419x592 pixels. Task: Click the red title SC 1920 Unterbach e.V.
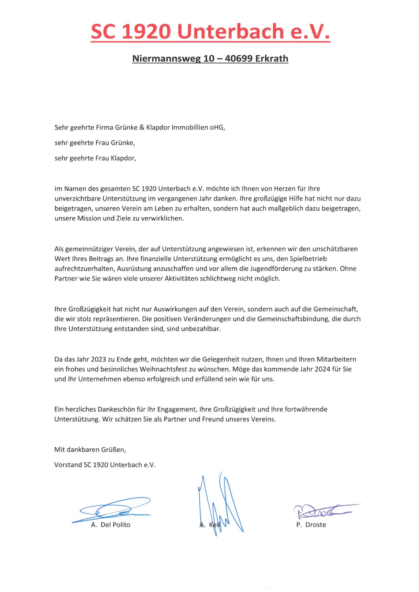click(x=210, y=32)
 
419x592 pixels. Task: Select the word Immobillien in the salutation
click(x=190, y=127)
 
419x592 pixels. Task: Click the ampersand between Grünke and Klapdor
click(x=142, y=127)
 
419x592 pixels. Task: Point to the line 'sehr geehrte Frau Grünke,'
click(x=95, y=143)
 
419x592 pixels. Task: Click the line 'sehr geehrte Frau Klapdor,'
click(x=95, y=158)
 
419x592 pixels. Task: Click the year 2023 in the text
click(x=98, y=359)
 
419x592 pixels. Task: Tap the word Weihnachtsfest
click(x=163, y=369)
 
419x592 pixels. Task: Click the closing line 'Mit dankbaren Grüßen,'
click(x=90, y=449)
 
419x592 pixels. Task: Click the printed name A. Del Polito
click(x=111, y=525)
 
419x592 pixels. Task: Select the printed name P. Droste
click(x=311, y=525)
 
